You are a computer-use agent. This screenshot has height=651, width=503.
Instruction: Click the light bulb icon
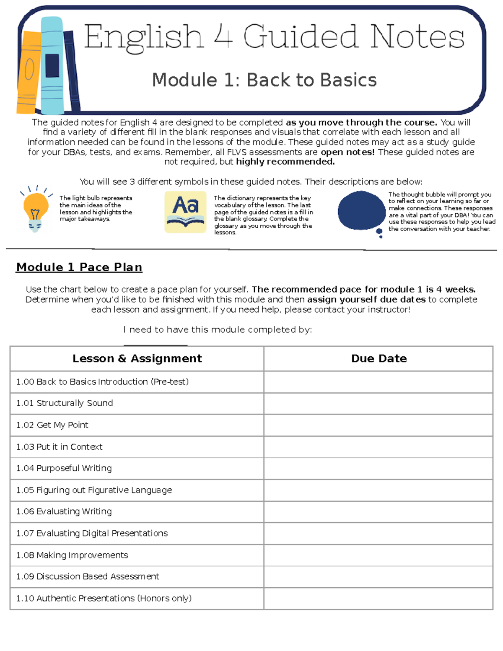point(35,208)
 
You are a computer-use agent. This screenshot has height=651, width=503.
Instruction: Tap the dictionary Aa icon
point(185,212)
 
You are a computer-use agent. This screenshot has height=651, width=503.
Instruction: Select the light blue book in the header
point(52,65)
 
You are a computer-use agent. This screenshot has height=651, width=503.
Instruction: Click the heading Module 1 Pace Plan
point(79,267)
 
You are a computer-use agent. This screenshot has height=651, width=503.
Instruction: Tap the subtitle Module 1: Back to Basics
point(264,80)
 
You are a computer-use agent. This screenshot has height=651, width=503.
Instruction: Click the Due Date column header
point(379,358)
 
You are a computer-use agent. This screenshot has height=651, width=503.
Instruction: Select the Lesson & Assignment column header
point(137,358)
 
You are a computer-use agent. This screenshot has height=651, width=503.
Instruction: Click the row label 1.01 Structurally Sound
point(65,403)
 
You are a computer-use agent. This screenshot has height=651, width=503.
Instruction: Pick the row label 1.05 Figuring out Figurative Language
point(94,490)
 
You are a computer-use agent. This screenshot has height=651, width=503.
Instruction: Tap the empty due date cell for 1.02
point(378,425)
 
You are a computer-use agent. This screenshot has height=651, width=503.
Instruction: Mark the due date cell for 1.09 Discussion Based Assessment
point(378,577)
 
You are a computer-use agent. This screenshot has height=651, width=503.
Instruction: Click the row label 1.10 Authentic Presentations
point(104,599)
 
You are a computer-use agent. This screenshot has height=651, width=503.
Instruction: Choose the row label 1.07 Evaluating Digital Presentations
point(92,533)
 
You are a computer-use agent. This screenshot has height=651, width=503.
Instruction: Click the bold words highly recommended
point(285,162)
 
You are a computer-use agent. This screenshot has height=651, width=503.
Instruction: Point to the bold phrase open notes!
point(347,152)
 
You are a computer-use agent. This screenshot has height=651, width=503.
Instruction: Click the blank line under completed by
point(155,345)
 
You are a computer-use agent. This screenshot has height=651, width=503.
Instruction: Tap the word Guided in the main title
point(301,37)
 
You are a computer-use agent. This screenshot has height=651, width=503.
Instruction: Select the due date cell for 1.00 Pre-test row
point(378,382)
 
